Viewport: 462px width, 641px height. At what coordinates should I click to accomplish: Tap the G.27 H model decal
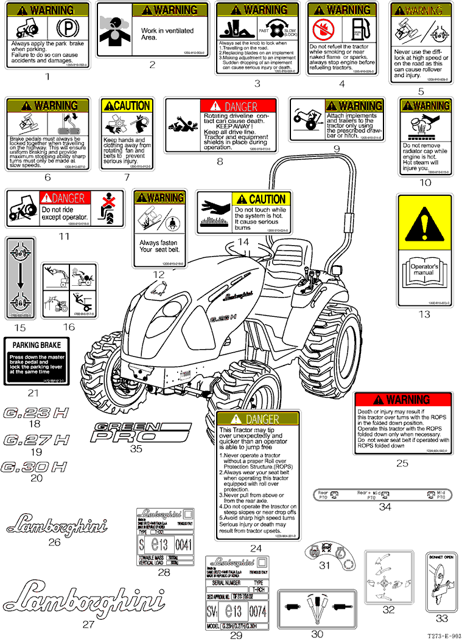36,439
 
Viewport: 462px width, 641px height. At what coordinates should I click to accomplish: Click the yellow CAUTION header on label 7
127,105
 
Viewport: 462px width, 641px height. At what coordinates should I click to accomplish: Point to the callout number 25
402,463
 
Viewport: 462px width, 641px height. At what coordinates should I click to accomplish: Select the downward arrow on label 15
21,278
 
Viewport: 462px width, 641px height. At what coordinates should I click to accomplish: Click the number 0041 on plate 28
183,544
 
